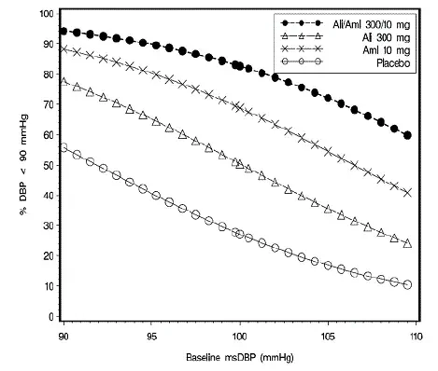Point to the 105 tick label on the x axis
tap(329, 332)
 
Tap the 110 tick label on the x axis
tap(417, 332)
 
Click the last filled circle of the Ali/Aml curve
tap(408, 135)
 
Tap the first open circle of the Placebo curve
tap(64, 148)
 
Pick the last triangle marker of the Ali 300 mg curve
tap(408, 243)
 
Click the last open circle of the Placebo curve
tap(408, 284)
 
